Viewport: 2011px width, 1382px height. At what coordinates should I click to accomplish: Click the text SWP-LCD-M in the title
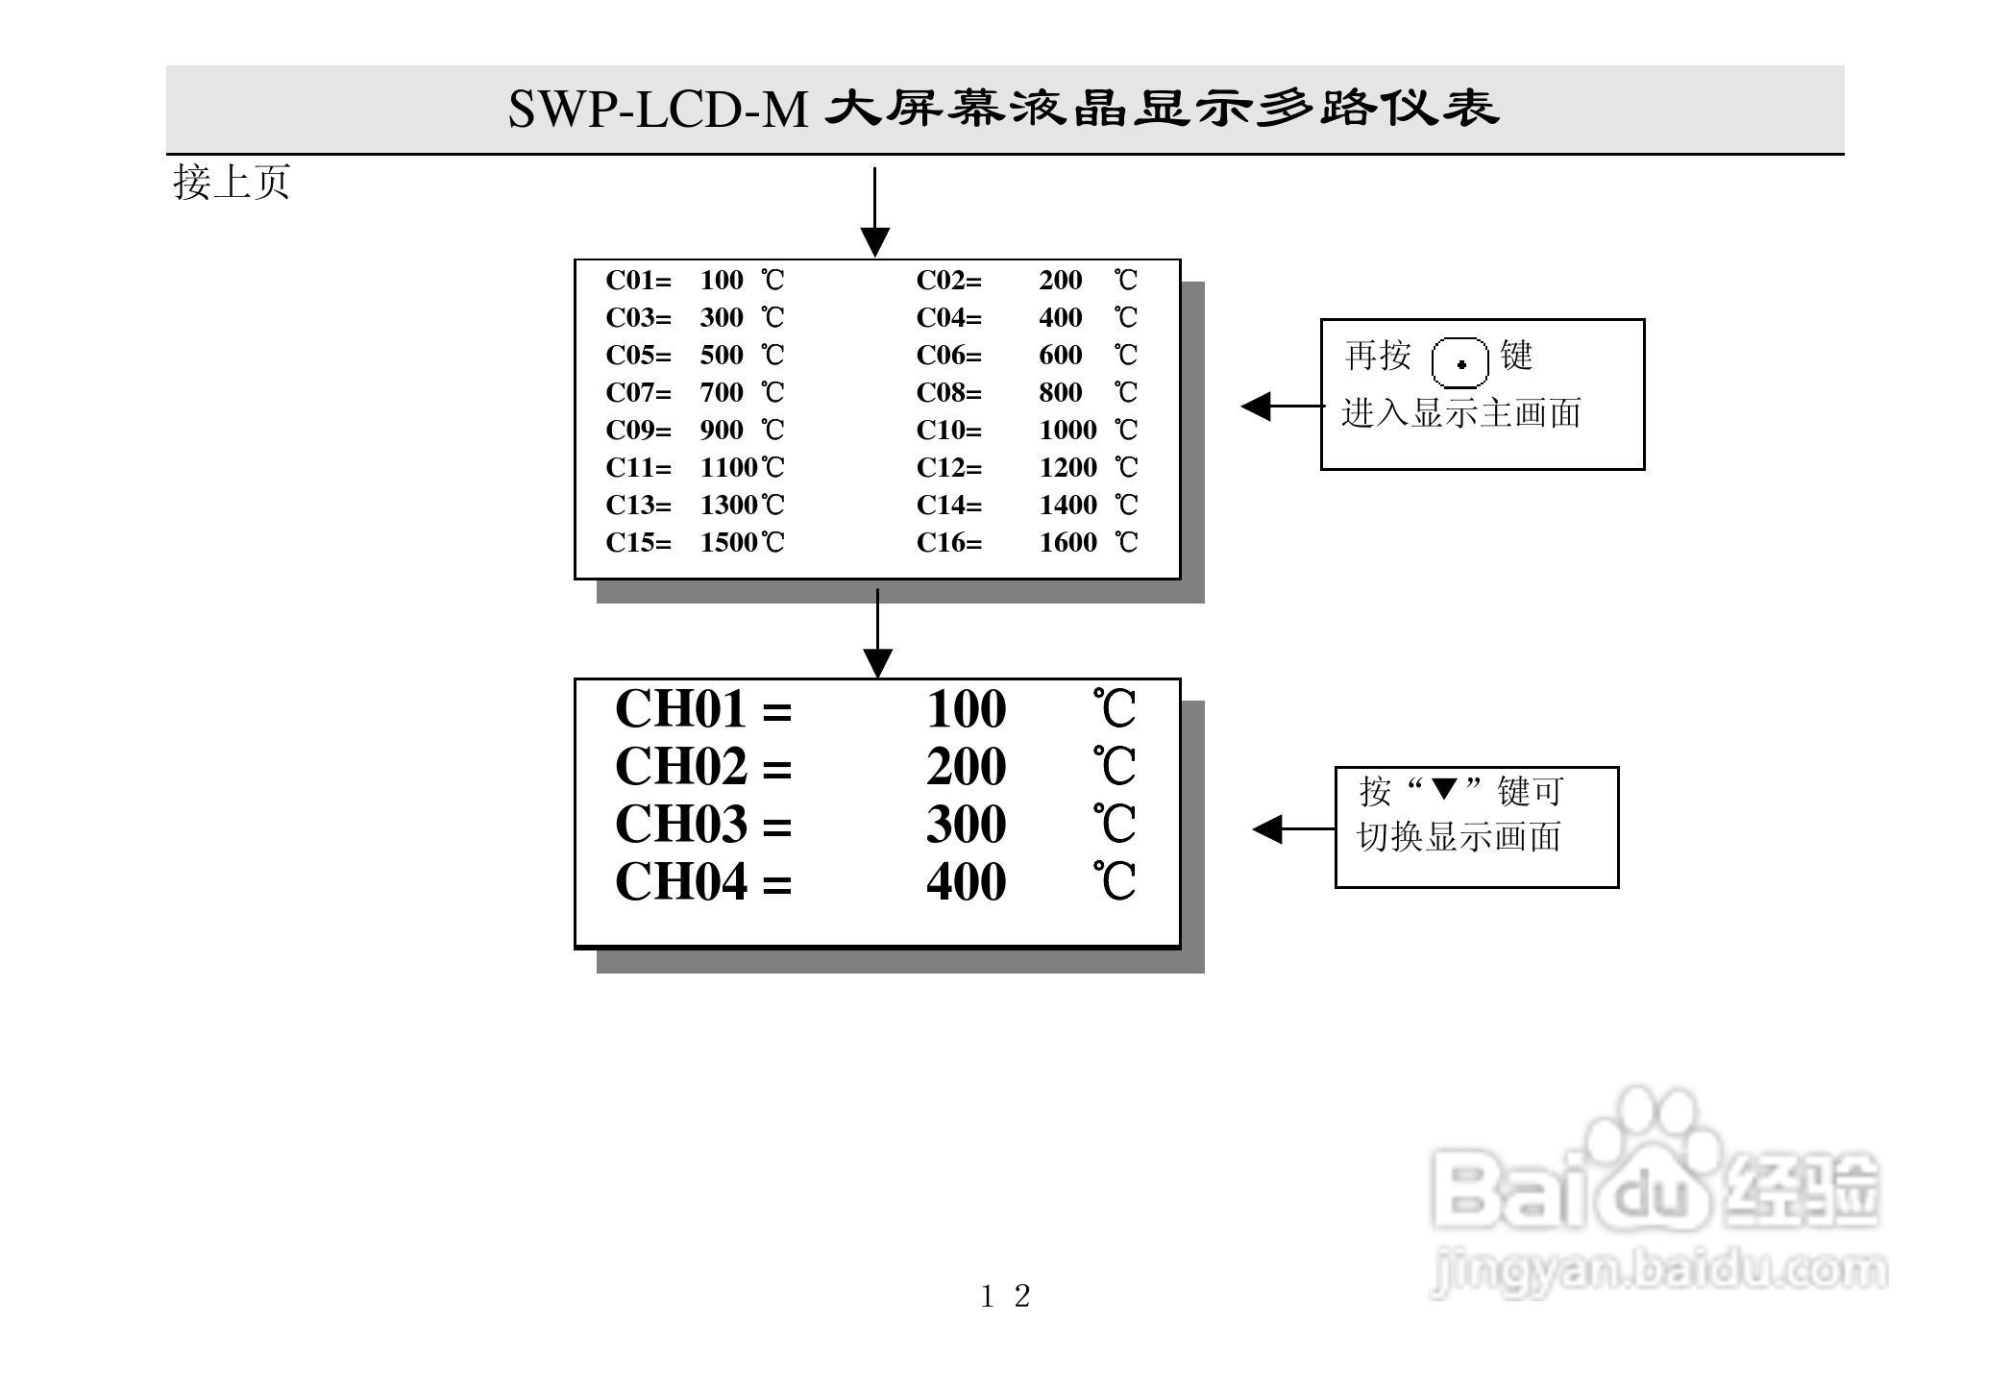coord(657,109)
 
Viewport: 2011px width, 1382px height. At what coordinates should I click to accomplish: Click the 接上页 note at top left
coord(232,183)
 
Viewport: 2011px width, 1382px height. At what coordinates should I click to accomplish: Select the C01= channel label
coord(638,281)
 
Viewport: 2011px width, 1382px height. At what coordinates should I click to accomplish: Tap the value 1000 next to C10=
coord(1067,430)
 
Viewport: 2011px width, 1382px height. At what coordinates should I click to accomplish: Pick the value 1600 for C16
coord(1067,542)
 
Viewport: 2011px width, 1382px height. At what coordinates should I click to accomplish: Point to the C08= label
coord(948,392)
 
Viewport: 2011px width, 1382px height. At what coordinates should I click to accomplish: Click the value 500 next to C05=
coord(722,355)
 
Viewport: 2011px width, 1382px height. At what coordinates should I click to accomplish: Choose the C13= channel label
coord(638,505)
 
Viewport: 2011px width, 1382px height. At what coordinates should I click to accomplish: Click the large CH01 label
coord(680,710)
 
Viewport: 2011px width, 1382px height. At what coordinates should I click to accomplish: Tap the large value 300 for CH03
coord(966,825)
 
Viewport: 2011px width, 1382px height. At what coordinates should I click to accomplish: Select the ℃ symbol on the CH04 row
coord(1115,881)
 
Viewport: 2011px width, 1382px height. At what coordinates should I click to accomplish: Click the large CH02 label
coord(680,767)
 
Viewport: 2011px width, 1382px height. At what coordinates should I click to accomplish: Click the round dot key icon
coord(1460,363)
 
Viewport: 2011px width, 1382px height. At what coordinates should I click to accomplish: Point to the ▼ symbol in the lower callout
coord(1444,789)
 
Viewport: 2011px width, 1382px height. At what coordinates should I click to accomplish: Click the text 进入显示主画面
coord(1460,413)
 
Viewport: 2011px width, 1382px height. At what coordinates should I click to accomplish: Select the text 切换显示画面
coord(1459,837)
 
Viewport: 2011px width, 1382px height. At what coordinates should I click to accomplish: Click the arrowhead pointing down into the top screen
coord(874,242)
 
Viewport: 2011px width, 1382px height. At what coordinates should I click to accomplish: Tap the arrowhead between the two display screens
coord(877,663)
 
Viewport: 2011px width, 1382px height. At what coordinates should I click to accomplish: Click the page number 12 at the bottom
coord(1005,1296)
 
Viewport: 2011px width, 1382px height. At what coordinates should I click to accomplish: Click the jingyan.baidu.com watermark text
coord(1658,1271)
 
